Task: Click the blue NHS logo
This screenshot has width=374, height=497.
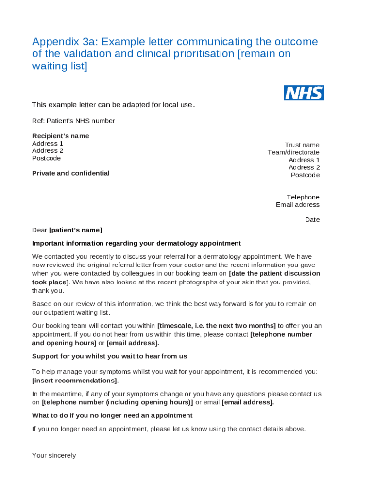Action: tap(304, 93)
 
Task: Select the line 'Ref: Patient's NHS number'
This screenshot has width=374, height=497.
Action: tap(73, 121)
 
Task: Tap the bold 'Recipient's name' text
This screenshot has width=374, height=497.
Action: tap(61, 136)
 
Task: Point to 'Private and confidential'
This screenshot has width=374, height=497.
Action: tap(71, 173)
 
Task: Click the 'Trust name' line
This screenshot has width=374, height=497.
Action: tap(302, 145)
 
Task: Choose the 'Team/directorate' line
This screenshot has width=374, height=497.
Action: tap(293, 152)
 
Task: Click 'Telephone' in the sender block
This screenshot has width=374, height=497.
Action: tap(303, 197)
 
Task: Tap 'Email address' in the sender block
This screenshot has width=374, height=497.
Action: tap(297, 204)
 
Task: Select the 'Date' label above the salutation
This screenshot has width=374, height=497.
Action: tap(312, 220)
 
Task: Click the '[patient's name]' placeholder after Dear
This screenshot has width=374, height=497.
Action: tap(75, 230)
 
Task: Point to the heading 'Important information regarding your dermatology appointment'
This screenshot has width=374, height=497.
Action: tap(136, 243)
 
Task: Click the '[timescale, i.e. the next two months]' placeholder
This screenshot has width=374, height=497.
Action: tap(217, 326)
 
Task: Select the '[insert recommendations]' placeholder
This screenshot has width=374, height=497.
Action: tap(74, 381)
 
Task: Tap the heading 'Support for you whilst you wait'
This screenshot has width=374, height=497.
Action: tap(109, 356)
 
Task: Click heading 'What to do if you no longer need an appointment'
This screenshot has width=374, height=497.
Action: tap(112, 415)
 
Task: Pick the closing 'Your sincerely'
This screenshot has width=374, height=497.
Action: tap(54, 455)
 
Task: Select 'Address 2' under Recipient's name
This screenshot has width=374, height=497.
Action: tap(48, 150)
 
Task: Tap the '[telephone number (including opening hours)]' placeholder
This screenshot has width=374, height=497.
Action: tap(118, 402)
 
